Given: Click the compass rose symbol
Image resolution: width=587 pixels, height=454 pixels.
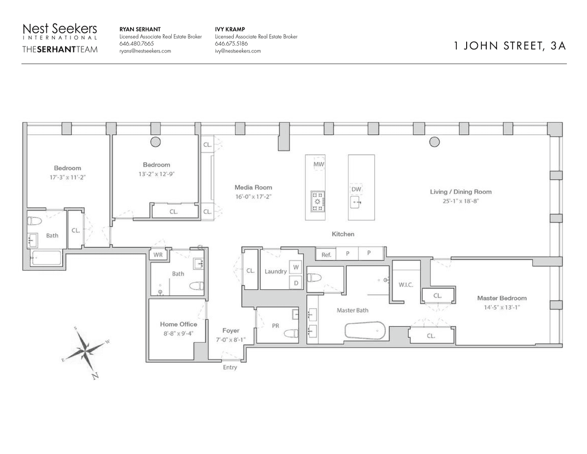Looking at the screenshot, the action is point(86,352).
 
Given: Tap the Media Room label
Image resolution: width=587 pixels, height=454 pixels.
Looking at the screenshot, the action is point(253,187).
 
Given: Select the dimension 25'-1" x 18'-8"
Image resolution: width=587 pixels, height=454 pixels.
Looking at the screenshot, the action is point(461,201).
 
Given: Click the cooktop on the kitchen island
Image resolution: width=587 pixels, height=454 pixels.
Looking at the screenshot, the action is point(317,201).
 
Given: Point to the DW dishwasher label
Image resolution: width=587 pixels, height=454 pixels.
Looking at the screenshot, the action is point(356,189).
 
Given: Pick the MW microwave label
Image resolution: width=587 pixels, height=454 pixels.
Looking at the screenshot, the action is point(319,164).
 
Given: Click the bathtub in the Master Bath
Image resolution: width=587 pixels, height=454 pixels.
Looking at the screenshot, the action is point(365,330).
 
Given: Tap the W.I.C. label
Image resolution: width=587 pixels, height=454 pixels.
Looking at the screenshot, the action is point(406,285).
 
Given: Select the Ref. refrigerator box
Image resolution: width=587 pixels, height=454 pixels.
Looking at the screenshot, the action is point(326,255).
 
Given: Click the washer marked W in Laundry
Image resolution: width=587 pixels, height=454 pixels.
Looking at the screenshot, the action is point(295,267).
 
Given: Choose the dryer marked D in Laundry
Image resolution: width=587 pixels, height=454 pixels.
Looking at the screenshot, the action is point(295,283).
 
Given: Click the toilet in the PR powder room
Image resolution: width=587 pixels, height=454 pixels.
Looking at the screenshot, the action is point(291,334).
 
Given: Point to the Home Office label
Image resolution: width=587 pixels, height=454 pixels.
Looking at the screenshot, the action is point(179,324).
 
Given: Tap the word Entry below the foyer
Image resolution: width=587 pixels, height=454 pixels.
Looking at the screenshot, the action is point(230,367).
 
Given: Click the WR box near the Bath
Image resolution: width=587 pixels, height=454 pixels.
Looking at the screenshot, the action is point(158,255).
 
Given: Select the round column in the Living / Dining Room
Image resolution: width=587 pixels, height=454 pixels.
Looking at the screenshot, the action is point(434,142).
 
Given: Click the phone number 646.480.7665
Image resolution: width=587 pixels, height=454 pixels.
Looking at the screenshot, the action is point(136,44).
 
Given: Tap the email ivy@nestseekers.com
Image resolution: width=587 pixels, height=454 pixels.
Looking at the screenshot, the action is point(238,51).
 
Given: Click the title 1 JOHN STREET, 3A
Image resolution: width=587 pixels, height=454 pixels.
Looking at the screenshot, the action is point(510,46).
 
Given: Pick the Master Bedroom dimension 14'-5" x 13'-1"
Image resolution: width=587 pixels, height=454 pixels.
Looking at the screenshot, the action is point(501,308).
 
